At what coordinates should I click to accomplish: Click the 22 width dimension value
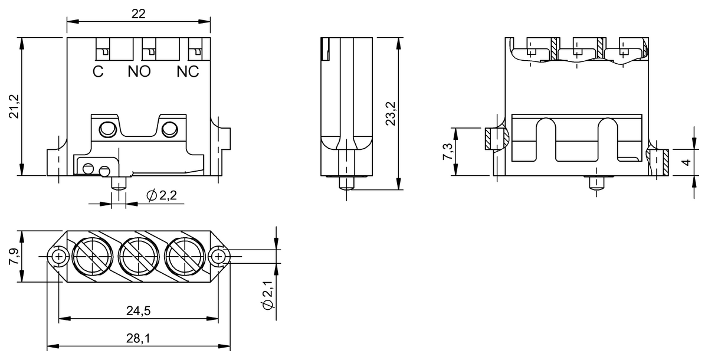coord(138,14)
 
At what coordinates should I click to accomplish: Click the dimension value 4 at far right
coord(686,162)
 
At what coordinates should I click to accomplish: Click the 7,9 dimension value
coord(14,257)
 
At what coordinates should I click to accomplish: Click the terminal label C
coord(98,72)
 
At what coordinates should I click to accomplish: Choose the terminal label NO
coord(139,72)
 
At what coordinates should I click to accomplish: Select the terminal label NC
coord(188,72)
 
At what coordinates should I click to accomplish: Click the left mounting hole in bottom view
coord(58,257)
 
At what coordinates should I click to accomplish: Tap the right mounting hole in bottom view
coord(219,257)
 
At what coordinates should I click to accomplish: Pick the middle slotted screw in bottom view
coord(139,257)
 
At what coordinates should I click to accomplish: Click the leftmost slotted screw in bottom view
coord(91,257)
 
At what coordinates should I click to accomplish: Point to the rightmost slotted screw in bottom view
coord(185,257)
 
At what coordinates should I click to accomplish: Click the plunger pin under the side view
coord(346,184)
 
